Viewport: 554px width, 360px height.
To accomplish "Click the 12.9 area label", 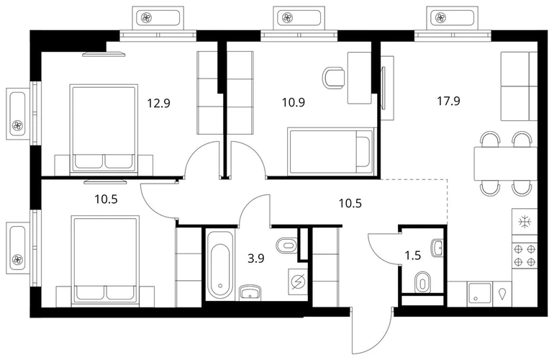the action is [158, 103].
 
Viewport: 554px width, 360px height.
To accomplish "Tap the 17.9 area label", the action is [448, 101].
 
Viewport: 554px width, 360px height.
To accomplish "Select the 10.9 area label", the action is [294, 102].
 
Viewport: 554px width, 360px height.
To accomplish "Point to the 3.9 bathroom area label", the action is [256, 258].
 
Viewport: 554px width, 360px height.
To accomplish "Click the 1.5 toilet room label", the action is [413, 255].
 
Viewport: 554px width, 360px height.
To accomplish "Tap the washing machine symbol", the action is [298, 282].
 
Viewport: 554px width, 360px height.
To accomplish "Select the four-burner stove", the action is [525, 256].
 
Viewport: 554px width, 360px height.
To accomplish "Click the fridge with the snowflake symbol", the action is [525, 222].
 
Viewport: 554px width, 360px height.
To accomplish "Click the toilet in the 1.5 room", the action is [422, 282].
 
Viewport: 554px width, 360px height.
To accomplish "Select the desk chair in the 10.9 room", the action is [334, 78].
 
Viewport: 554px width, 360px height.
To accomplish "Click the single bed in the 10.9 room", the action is [330, 151].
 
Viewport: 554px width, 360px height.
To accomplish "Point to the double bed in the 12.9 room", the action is [104, 129].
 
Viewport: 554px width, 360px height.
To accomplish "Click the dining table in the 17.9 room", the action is [505, 163].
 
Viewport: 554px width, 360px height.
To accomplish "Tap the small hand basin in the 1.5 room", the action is [437, 248].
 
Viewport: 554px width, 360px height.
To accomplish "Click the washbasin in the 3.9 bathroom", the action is [250, 292].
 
